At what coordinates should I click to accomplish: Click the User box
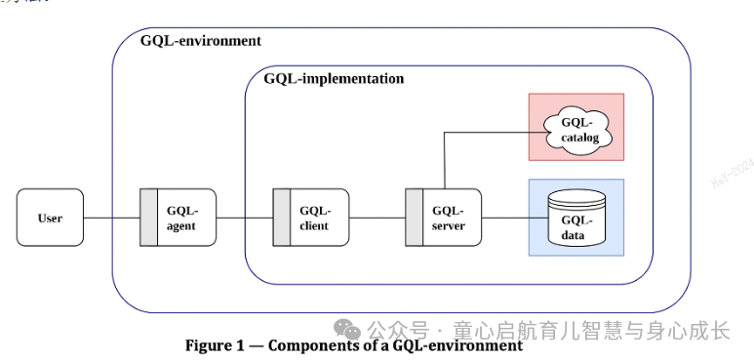50,218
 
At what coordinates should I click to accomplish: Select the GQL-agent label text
181,218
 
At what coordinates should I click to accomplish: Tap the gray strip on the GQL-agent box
149,218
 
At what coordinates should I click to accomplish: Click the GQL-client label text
314,218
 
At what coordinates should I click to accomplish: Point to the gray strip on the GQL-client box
282,218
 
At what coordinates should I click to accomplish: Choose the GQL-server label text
448,218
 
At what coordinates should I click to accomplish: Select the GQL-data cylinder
576,218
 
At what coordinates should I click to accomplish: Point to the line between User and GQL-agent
112,218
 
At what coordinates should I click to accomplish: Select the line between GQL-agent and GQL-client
244,218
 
